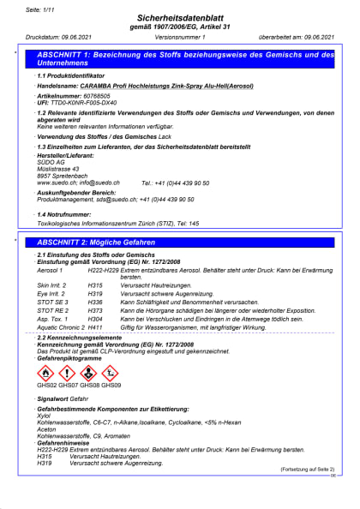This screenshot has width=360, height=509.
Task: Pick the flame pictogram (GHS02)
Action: [46, 373]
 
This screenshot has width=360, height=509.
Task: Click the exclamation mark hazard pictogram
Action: [67, 373]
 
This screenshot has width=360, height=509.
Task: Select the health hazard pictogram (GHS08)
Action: [89, 373]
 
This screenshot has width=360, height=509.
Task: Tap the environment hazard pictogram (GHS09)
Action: [110, 373]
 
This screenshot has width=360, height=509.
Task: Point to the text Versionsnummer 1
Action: [181, 38]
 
